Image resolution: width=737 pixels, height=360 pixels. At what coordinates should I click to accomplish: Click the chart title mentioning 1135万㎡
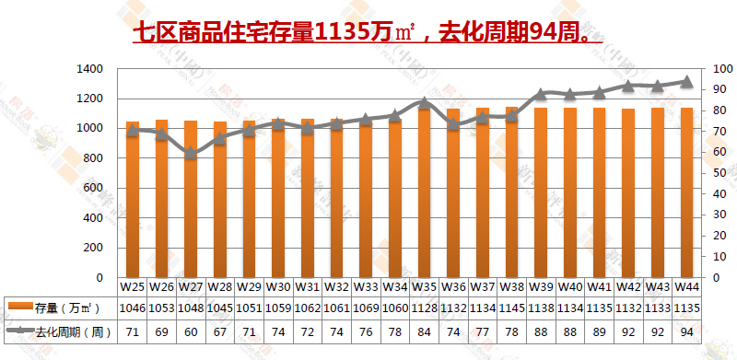[x=367, y=33]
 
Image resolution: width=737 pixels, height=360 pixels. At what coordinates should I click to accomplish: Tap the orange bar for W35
[x=425, y=193]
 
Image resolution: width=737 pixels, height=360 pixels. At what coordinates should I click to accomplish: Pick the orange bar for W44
[x=686, y=192]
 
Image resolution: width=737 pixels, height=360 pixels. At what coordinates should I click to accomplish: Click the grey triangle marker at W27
[x=191, y=153]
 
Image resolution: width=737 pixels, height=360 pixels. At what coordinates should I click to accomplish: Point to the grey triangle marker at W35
[x=425, y=103]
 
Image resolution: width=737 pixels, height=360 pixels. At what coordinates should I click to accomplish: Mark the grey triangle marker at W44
[x=686, y=81]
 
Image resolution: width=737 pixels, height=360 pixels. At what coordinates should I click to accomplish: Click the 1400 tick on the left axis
[x=90, y=69]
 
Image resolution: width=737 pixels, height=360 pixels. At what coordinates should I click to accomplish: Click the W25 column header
[x=133, y=287]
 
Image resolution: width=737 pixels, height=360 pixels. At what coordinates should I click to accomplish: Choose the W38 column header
[x=511, y=287]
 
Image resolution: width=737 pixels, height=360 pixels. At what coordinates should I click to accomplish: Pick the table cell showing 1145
[x=511, y=308]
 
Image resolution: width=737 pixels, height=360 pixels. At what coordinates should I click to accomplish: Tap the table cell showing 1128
[x=425, y=308]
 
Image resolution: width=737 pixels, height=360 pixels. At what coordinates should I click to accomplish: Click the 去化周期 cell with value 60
[x=191, y=331]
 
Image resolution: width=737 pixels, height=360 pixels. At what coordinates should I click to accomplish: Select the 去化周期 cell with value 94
[x=686, y=331]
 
